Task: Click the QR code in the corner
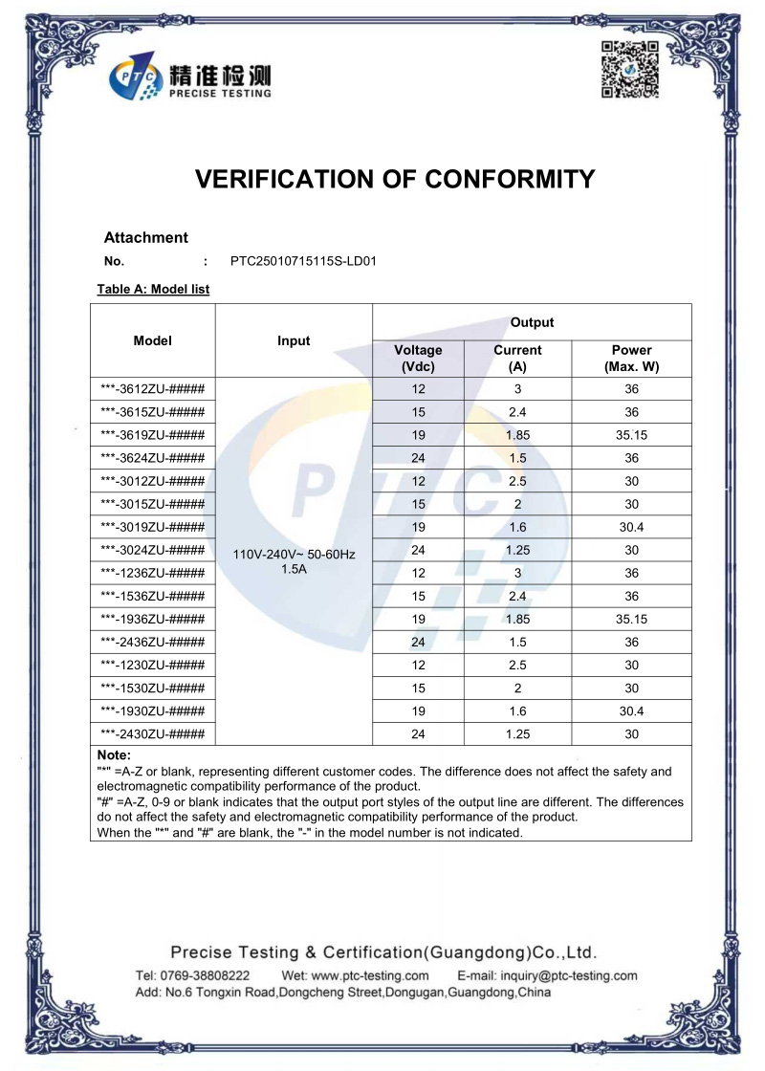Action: pyautogui.click(x=629, y=70)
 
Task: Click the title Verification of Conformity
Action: pyautogui.click(x=395, y=179)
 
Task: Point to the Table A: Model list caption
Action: pyautogui.click(x=153, y=289)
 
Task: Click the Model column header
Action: pyautogui.click(x=153, y=340)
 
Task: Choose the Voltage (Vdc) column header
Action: pyautogui.click(x=418, y=358)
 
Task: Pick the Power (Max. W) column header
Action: pyautogui.click(x=631, y=358)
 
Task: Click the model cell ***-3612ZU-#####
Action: pyautogui.click(x=153, y=389)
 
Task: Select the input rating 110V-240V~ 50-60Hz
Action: pyautogui.click(x=294, y=555)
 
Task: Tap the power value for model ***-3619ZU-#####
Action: pyautogui.click(x=631, y=435)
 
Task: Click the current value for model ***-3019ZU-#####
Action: pyautogui.click(x=517, y=527)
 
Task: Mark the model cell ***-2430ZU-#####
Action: pyautogui.click(x=153, y=733)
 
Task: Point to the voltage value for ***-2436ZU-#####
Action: pyautogui.click(x=418, y=642)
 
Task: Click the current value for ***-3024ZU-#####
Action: pyautogui.click(x=517, y=550)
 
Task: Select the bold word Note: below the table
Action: pyautogui.click(x=115, y=755)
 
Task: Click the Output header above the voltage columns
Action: pyautogui.click(x=532, y=322)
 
